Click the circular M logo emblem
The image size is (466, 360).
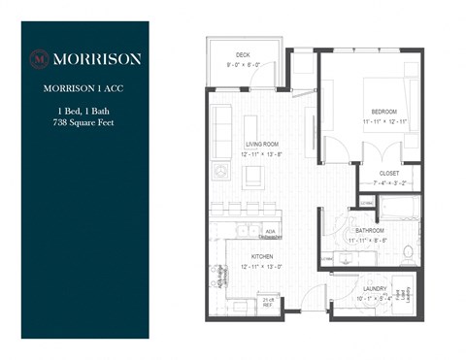40,58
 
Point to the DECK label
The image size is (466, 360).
245,55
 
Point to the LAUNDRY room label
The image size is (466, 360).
376,289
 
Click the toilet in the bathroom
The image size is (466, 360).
408,253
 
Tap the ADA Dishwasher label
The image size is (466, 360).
272,233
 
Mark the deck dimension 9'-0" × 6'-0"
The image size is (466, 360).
245,65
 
